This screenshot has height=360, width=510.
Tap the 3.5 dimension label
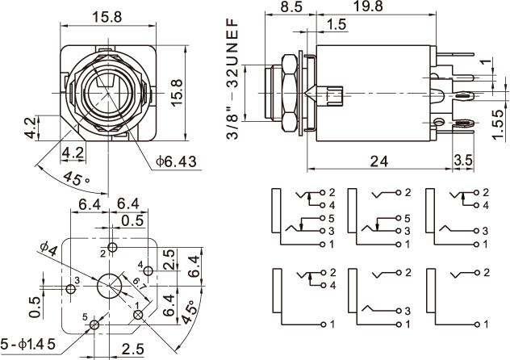coord(463,160)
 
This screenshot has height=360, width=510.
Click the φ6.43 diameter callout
coord(176,161)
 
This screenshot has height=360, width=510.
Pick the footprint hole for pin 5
coord(94,324)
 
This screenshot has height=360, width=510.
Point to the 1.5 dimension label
coord(337,26)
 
